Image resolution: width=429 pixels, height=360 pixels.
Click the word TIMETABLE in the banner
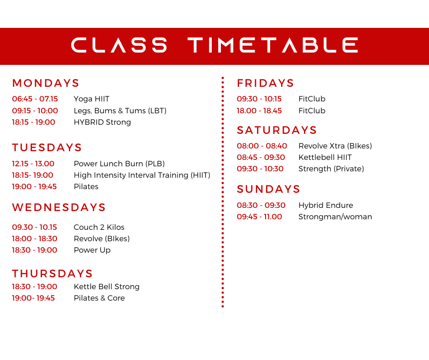click(x=273, y=45)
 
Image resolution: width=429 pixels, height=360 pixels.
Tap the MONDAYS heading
click(x=46, y=83)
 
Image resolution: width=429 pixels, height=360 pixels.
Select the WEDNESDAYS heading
click(x=59, y=207)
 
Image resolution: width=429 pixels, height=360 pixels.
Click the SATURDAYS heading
click(x=277, y=130)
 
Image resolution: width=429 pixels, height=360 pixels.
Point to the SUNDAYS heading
click(x=268, y=189)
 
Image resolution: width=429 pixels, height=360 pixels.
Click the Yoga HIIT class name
click(x=91, y=99)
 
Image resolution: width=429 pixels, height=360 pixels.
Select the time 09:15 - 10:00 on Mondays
click(x=35, y=111)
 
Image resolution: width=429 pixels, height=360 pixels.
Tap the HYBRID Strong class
click(x=102, y=122)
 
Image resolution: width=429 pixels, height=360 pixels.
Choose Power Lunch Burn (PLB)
click(x=119, y=164)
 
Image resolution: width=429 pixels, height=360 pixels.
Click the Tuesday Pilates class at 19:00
click(x=86, y=186)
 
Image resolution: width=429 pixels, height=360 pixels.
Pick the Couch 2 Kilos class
click(x=99, y=227)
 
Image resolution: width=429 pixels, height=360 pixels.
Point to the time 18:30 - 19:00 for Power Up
click(x=35, y=250)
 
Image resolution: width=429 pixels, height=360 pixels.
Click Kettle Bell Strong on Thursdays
click(x=106, y=287)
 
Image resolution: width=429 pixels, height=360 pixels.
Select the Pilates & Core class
click(x=99, y=298)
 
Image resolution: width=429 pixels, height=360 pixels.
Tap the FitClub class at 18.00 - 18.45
click(x=312, y=111)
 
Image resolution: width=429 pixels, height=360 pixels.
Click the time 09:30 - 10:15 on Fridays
click(x=259, y=99)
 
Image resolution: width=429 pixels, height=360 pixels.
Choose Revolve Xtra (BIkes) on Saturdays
click(x=335, y=146)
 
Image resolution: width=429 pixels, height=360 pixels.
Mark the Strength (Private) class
click(x=331, y=169)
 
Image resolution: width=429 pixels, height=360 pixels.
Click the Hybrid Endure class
click(x=325, y=205)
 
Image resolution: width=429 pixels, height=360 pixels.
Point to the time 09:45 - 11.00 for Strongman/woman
click(x=259, y=217)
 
